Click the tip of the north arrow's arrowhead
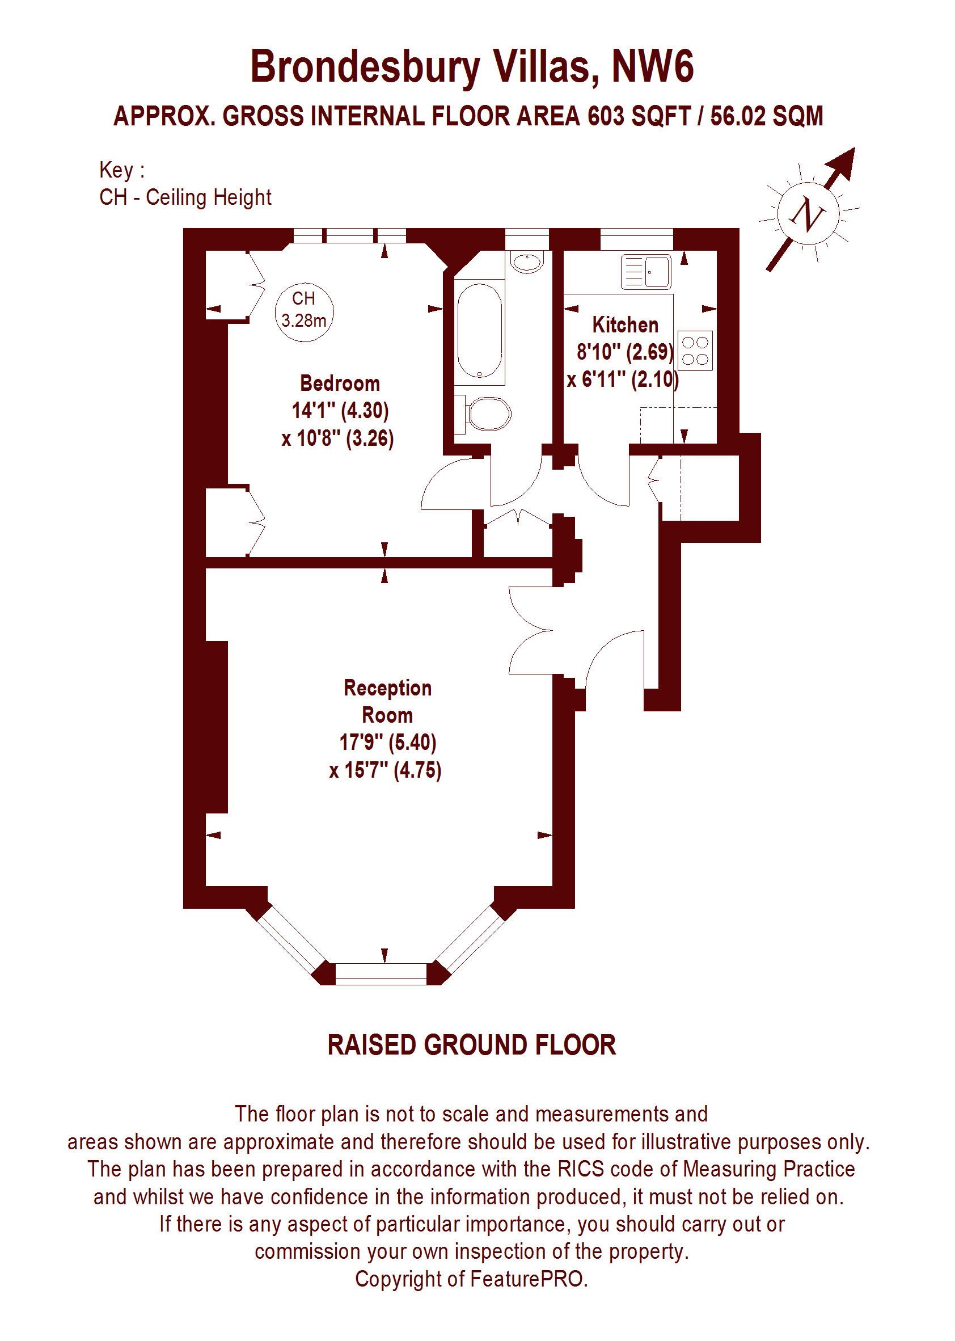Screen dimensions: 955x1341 (854, 147)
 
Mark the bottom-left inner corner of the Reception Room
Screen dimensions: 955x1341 (206, 885)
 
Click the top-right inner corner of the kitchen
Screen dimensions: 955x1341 (717, 251)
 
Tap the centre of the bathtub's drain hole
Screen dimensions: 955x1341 (479, 373)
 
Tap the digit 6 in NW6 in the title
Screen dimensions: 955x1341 (682, 66)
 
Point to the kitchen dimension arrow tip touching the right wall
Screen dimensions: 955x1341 (716, 309)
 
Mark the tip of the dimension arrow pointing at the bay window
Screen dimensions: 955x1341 (384, 963)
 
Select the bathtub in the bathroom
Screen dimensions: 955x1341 (480, 331)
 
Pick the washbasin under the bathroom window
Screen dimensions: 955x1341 (527, 262)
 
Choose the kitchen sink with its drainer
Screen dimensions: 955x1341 (646, 272)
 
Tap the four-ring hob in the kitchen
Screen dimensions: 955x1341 (695, 351)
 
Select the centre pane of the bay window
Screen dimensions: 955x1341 (381, 973)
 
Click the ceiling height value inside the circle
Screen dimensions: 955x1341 (303, 321)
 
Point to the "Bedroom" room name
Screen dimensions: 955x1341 (340, 383)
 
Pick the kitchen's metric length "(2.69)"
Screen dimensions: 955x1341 (650, 352)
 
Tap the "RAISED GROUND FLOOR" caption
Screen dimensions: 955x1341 (472, 1045)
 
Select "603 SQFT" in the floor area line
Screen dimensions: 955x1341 (639, 116)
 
